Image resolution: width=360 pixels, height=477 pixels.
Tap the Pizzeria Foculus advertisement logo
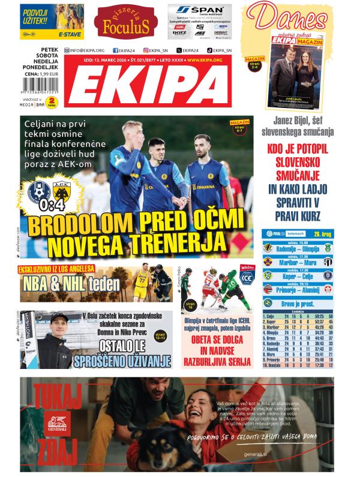122,22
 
